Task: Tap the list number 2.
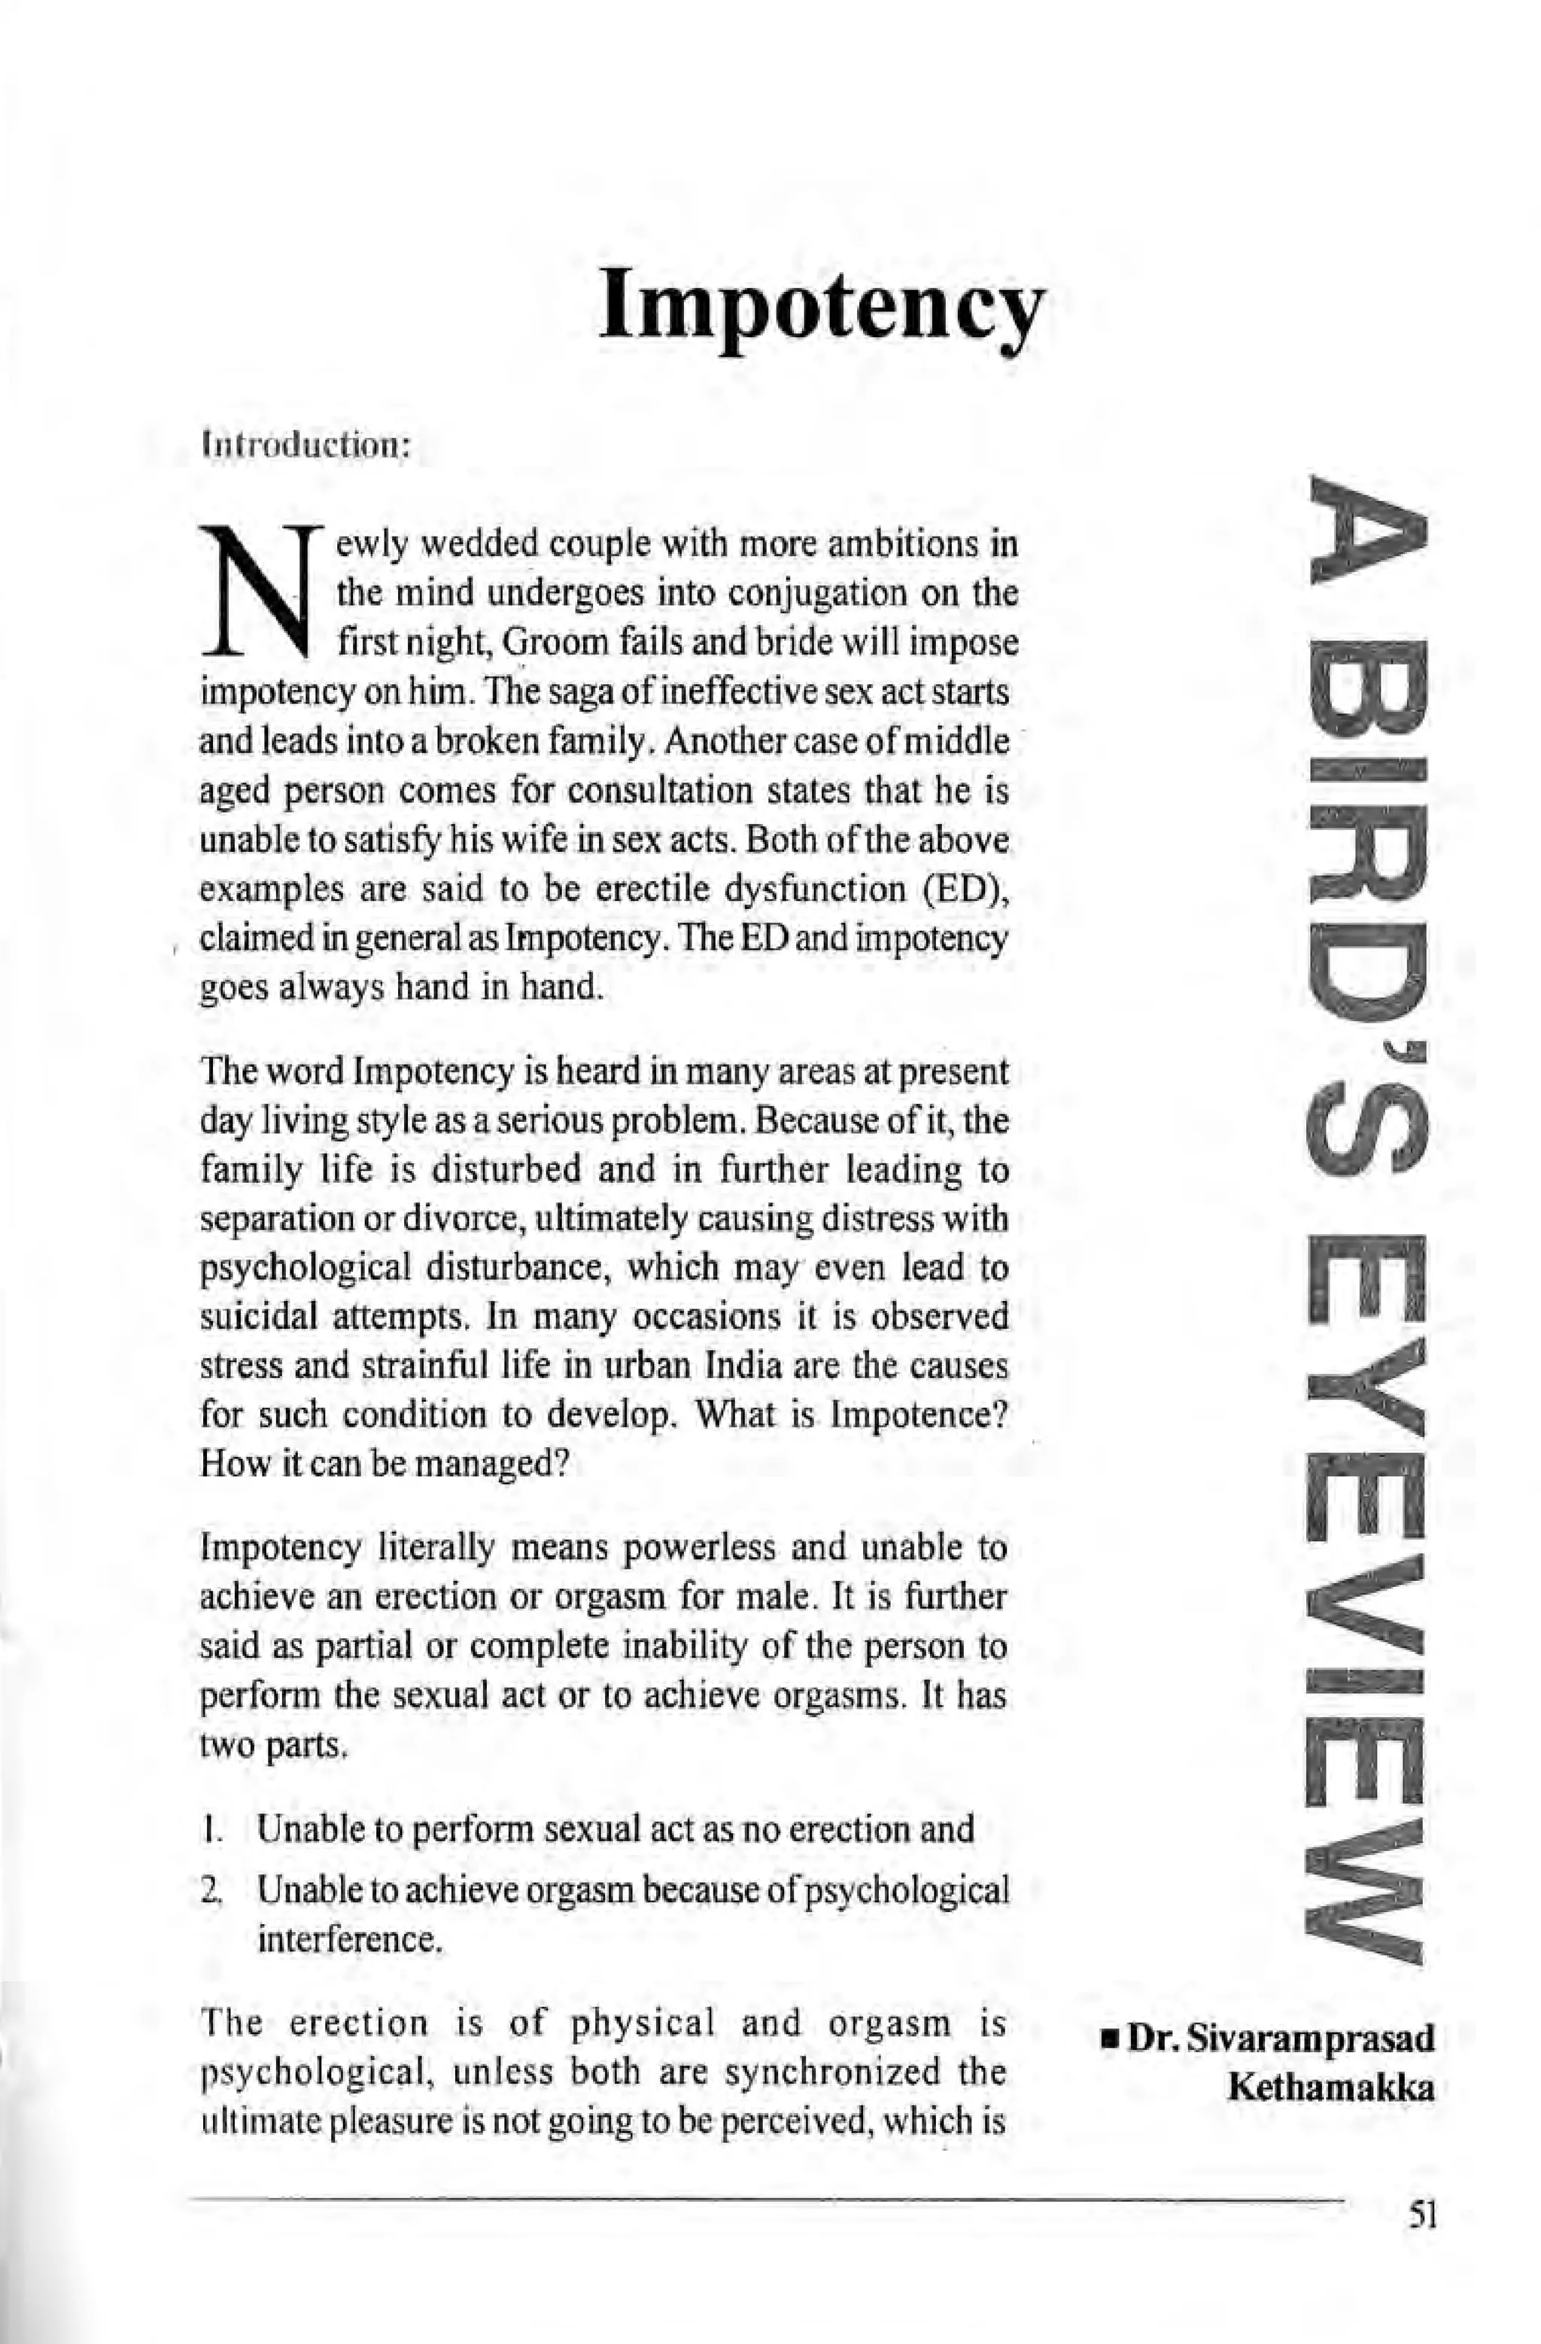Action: (x=208, y=1890)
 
